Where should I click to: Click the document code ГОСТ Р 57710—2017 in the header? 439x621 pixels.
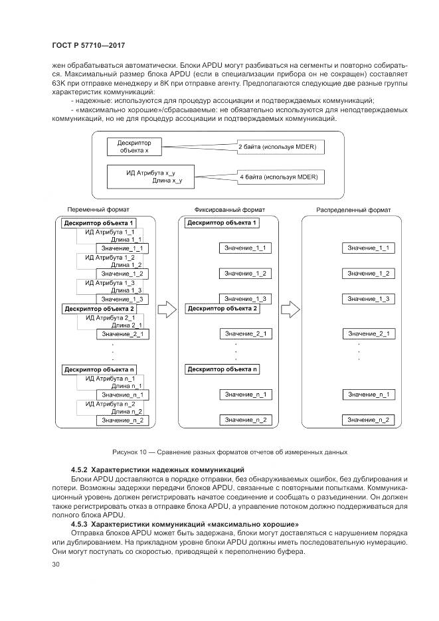tap(88, 45)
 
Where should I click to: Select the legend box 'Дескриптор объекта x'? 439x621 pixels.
tap(134, 146)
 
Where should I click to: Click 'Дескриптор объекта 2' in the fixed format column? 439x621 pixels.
tap(222, 309)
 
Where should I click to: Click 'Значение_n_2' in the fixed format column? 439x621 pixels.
tap(245, 420)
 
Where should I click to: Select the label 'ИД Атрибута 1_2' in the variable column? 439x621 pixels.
tap(110, 257)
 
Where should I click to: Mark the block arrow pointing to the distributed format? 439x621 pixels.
tap(290, 309)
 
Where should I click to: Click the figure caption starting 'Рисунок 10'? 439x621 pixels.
tap(230, 452)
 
